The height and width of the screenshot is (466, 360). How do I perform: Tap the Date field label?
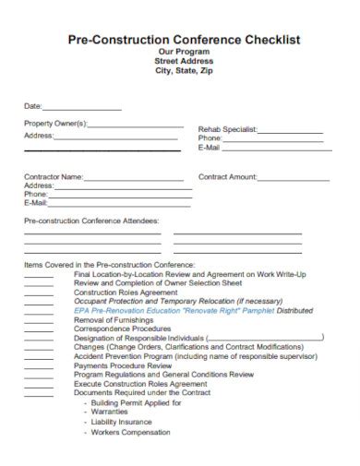pos(32,106)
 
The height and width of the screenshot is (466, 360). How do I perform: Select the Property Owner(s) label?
pos(54,123)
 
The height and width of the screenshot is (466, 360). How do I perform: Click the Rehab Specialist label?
pos(227,129)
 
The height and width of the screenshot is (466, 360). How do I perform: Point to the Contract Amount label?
pos(227,176)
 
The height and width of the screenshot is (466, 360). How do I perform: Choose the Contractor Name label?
pos(54,176)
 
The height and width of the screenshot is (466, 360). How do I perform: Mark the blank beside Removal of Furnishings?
pos(39,319)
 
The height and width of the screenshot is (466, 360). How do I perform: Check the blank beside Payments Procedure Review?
pos(39,364)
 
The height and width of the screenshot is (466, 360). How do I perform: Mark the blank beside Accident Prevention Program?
pos(39,355)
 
